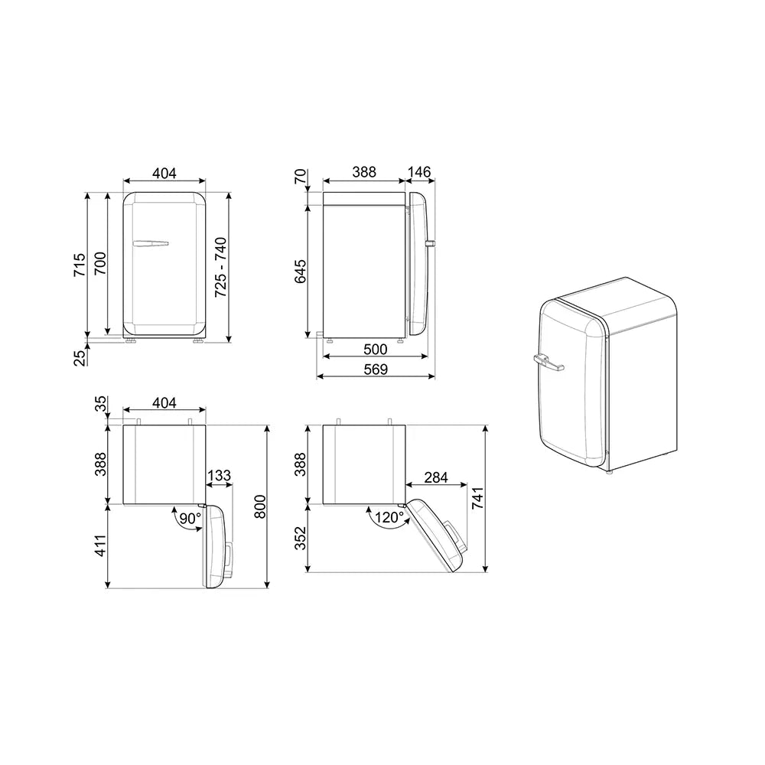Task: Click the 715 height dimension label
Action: click(80, 265)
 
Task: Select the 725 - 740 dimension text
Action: click(221, 267)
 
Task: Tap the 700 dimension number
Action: click(100, 263)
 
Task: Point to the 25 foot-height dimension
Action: click(80, 357)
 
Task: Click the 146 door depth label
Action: click(419, 171)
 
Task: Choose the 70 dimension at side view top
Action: click(301, 176)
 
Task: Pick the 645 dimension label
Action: click(301, 272)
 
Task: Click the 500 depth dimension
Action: click(375, 350)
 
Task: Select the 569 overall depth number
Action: click(375, 369)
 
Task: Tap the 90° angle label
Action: click(189, 518)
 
